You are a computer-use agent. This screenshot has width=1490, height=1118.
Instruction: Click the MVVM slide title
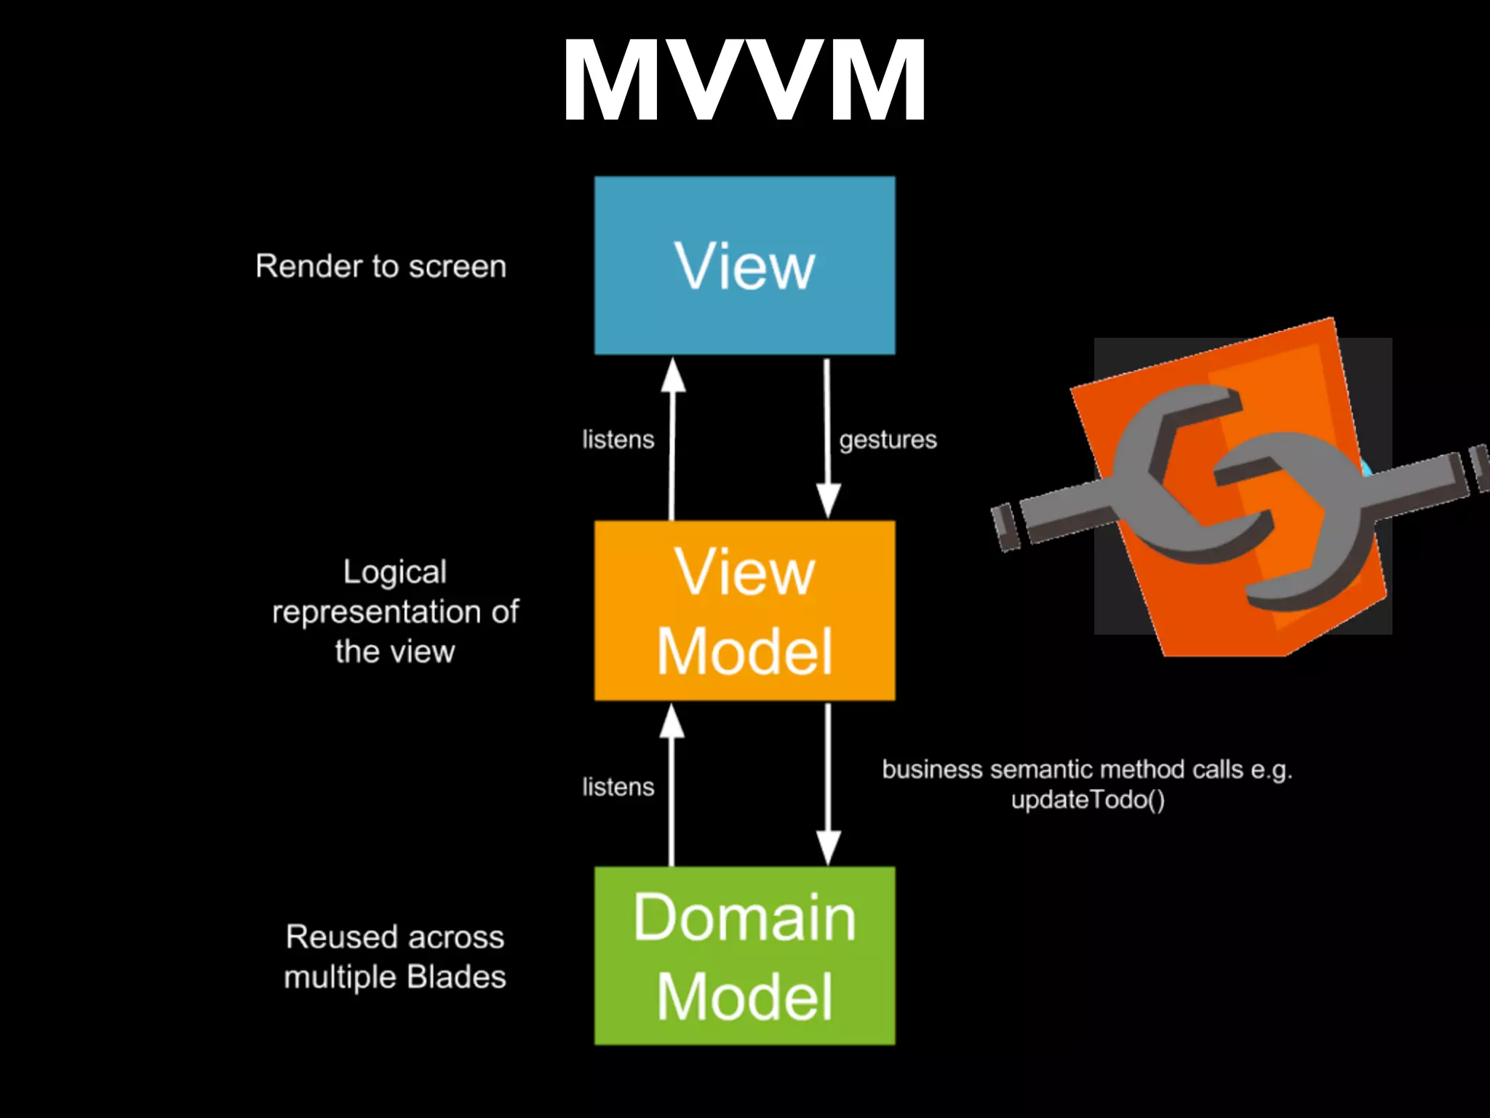[744, 80]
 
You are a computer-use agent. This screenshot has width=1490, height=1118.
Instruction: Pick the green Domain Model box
[744, 956]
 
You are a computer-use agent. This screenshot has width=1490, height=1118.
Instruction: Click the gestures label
[888, 440]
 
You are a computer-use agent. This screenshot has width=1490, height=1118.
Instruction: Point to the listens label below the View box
[618, 440]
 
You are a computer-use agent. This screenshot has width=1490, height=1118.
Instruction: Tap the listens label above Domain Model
[618, 787]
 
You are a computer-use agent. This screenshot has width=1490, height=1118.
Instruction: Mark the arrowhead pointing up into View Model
[672, 721]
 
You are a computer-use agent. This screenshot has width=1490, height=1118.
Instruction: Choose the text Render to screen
[381, 266]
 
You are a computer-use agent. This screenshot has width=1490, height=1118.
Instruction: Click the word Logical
[394, 573]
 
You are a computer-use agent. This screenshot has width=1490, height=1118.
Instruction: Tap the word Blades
[456, 977]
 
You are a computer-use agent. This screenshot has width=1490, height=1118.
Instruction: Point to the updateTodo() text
[1088, 801]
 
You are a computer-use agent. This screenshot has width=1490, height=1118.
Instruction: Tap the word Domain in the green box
[744, 918]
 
